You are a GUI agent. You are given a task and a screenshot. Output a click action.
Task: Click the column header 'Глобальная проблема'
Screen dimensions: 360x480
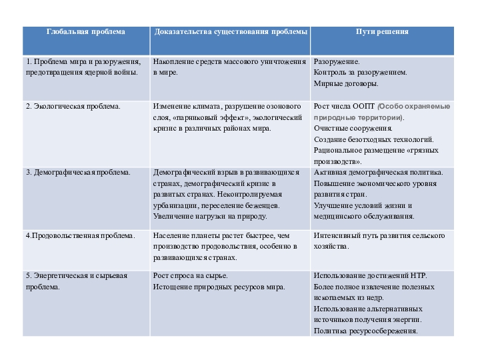point(85,31)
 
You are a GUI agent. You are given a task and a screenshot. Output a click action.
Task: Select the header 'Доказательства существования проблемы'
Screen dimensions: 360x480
point(231,31)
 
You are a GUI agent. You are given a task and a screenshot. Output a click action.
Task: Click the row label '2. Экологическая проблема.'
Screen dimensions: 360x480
point(73,106)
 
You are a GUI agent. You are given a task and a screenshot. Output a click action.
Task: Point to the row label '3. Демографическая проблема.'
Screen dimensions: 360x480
point(78,172)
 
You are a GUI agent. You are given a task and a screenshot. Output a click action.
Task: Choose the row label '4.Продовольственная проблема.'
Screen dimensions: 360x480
point(80,235)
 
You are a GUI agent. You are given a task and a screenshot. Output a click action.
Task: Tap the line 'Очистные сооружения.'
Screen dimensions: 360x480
point(353,128)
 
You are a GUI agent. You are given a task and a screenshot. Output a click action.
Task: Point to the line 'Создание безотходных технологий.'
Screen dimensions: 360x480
point(374,139)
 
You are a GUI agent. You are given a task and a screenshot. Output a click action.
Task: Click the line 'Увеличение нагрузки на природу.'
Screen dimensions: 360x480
point(210,216)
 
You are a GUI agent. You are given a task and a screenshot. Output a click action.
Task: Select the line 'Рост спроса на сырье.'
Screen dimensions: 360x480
point(191,275)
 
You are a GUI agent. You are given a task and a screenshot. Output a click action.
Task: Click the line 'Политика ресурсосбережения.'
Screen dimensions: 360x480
point(366,331)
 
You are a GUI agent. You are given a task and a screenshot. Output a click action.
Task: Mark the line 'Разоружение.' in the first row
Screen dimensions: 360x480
point(337,61)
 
